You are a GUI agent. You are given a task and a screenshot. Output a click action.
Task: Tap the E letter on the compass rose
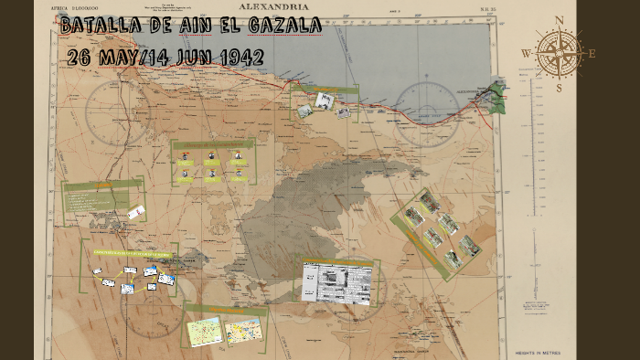592,53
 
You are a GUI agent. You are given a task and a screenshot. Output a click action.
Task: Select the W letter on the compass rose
527,53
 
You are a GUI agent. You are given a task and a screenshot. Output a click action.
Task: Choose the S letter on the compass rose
559,88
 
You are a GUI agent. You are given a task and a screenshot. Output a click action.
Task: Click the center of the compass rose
559,53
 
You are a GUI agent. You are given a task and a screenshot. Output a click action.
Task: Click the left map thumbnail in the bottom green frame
204,331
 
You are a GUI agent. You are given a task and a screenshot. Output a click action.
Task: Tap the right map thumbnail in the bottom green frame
243,328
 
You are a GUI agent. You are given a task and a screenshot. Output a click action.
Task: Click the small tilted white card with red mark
136,213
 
